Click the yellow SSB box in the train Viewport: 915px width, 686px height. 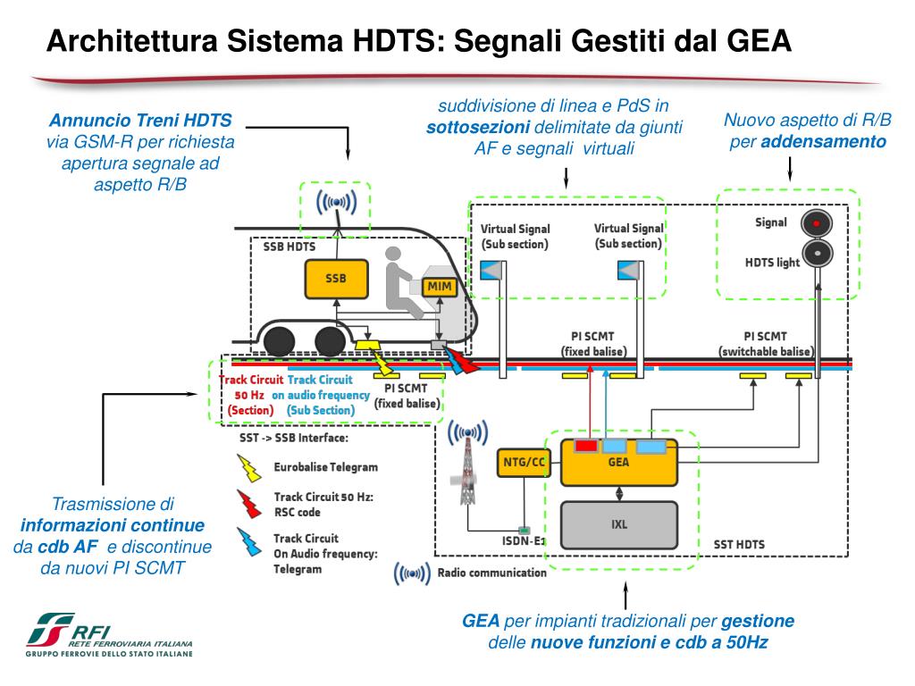point(336,278)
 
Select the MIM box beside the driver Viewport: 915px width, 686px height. point(440,287)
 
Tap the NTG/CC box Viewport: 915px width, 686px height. point(524,463)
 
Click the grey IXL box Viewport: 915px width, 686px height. point(618,524)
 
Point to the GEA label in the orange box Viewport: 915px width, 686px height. point(618,463)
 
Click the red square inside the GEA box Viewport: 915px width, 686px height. point(586,445)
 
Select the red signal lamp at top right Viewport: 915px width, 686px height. point(816,222)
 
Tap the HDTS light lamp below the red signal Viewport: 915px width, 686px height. point(816,254)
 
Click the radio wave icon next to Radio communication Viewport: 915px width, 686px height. point(413,573)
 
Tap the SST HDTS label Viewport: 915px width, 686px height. point(740,544)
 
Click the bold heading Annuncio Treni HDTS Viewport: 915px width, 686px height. point(140,120)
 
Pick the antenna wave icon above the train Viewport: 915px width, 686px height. point(337,201)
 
